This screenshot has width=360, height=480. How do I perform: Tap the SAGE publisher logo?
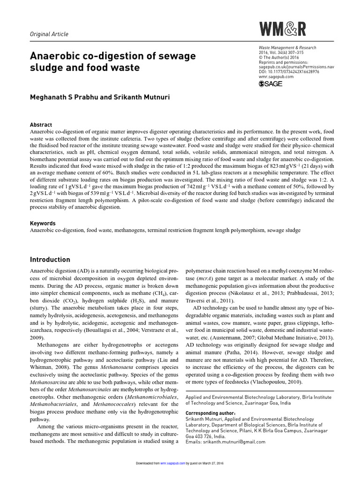pyautogui.click(x=271, y=84)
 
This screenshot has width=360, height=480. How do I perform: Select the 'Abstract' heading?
pyautogui.click(x=41, y=125)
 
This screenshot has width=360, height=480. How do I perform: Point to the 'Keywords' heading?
pyautogui.click(x=43, y=224)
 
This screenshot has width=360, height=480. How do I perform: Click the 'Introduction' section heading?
pyautogui.click(x=50, y=260)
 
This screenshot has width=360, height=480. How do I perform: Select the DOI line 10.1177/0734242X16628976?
pyautogui.click(x=288, y=72)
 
